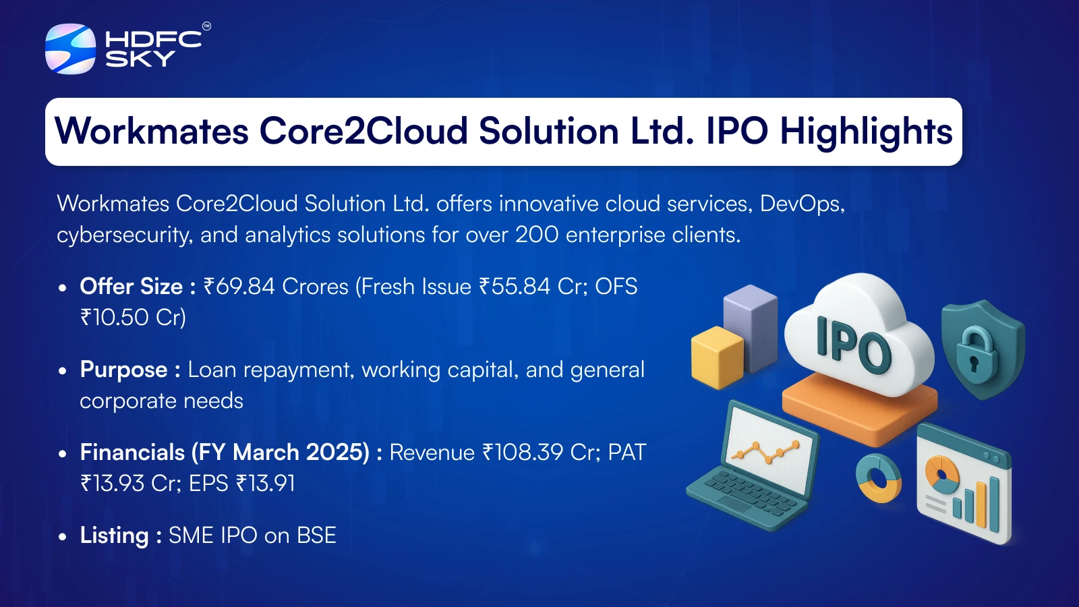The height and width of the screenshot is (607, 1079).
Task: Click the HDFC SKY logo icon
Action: (70, 49)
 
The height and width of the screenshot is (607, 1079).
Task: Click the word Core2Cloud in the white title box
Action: (363, 131)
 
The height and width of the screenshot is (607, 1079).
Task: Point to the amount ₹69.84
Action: (239, 287)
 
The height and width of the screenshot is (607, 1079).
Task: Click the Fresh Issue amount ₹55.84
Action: (515, 287)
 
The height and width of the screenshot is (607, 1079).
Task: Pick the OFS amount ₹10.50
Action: (114, 318)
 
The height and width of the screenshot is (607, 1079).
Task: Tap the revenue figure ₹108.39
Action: (523, 453)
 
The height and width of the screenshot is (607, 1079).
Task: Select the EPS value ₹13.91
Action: (265, 483)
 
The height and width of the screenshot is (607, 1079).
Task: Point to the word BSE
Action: (316, 536)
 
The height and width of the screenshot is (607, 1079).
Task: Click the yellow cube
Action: (718, 357)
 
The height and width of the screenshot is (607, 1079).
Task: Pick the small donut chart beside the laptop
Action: (878, 478)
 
